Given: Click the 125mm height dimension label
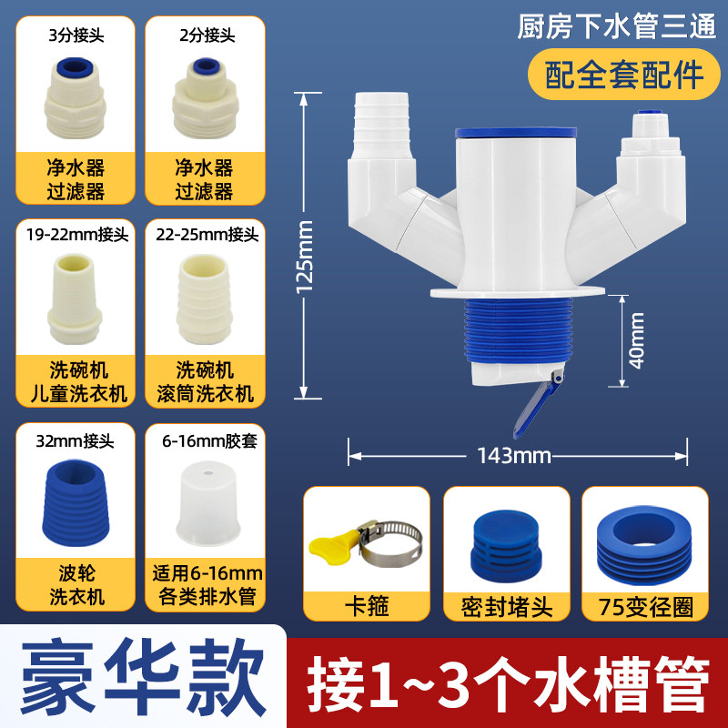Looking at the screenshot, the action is (x=305, y=257).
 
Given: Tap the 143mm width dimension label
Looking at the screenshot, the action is (x=514, y=456).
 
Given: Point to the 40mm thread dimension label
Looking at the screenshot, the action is (x=636, y=340).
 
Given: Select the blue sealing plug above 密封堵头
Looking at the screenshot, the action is (x=505, y=544).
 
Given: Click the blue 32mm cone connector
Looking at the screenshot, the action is (x=76, y=503).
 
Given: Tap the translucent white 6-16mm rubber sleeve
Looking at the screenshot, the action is (x=208, y=503).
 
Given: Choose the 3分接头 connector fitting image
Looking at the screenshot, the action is (x=76, y=98).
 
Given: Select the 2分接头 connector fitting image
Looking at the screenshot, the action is (x=206, y=98).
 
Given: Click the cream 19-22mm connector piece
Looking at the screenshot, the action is (x=75, y=299).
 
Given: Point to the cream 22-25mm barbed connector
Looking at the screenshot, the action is (x=204, y=299).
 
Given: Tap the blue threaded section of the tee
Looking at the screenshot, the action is (x=517, y=329).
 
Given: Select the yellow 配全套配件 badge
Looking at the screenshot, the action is (x=624, y=75).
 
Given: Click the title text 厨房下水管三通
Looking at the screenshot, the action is (x=617, y=27).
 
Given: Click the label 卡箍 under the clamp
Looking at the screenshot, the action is (x=367, y=606).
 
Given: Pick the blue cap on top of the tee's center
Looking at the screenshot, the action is (x=516, y=132).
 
